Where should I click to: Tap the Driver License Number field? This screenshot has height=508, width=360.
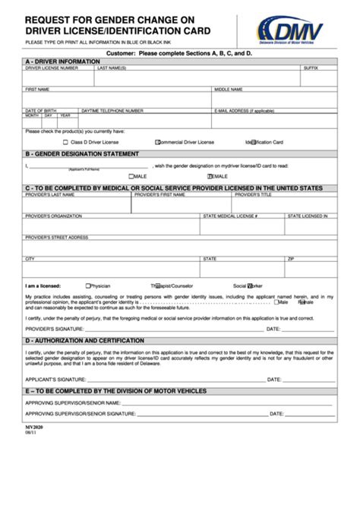pos(58,77)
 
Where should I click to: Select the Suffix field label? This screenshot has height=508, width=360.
pos(311,68)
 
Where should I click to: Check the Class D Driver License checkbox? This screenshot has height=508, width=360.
pos(65,141)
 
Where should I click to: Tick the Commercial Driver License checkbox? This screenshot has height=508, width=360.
pos(157,141)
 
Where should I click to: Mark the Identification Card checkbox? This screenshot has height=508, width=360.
pos(253,141)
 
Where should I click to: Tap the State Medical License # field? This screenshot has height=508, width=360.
pos(242,225)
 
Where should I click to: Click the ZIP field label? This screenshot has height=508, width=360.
pos(290,258)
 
